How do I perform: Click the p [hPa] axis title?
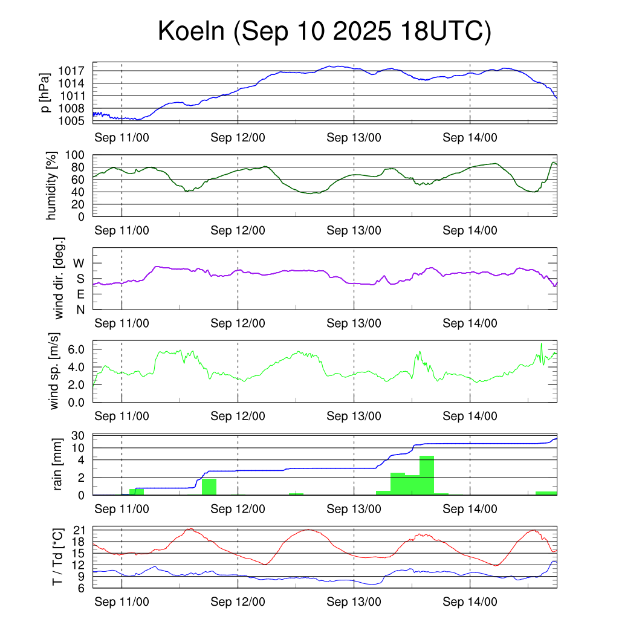(45, 92)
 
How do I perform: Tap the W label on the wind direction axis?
(79, 264)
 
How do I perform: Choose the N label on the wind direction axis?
(80, 309)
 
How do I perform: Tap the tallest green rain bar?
(427, 475)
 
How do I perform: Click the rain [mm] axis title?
(59, 464)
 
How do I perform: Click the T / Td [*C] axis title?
(57, 556)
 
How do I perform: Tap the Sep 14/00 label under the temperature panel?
(470, 601)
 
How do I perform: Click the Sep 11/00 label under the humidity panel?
(122, 230)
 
